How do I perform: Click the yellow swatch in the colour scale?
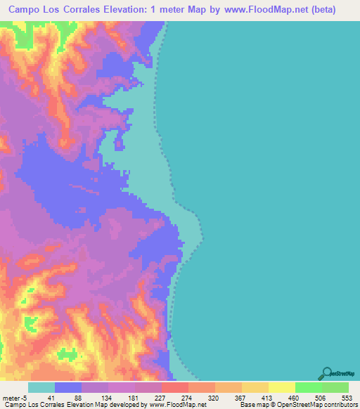click(x=281, y=387)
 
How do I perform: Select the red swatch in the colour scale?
click(x=174, y=387)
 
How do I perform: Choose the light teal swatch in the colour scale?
click(x=41, y=387)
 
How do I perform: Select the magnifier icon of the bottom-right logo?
click(x=326, y=372)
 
